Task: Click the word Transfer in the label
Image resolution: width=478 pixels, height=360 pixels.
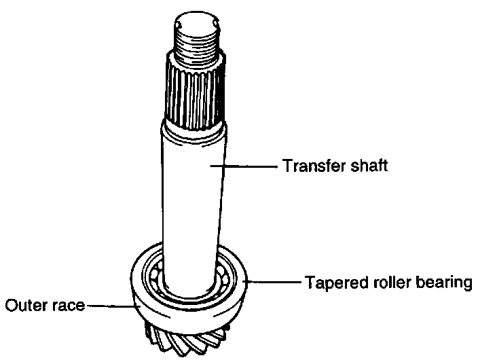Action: pos(310,166)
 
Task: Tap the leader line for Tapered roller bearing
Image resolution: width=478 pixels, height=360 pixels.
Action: pos(275,281)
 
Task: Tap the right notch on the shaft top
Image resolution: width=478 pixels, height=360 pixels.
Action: pos(217,25)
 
